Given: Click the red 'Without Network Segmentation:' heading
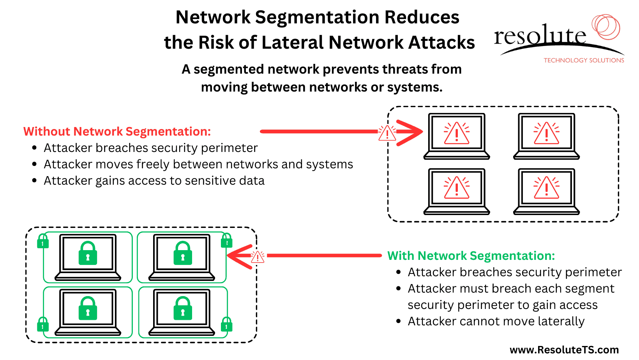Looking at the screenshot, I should click(117, 132).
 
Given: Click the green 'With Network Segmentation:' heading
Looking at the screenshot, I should click(471, 256).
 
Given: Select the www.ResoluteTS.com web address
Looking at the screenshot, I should click(564, 350).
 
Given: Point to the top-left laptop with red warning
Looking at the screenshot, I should click(457, 136).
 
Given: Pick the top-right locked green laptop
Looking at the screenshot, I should click(182, 257).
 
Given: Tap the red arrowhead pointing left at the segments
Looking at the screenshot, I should click(239, 256).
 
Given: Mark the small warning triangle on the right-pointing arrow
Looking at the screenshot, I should click(387, 133).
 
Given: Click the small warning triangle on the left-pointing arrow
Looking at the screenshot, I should click(258, 257).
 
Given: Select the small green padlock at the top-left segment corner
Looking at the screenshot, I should click(43, 242).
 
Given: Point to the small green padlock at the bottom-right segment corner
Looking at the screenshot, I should click(226, 324).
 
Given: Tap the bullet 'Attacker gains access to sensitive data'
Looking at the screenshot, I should click(154, 181).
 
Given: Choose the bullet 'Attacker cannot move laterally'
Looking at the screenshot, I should click(496, 321).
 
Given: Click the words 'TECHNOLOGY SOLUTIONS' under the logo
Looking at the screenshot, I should click(584, 60).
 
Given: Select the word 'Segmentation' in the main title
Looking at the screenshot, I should click(317, 17).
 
